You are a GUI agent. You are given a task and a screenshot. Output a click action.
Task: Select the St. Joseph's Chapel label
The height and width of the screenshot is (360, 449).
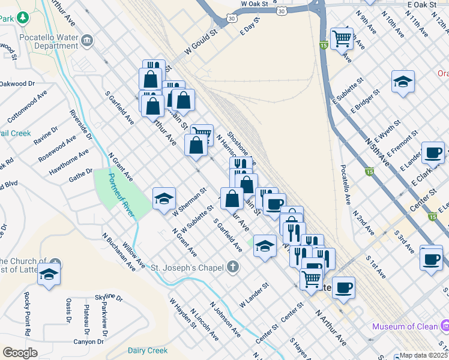tap(187, 267)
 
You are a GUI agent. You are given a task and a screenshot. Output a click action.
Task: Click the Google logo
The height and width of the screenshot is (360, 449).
tap(20, 353)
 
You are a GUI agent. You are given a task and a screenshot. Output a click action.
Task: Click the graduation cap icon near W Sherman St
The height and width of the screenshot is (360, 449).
tap(164, 200)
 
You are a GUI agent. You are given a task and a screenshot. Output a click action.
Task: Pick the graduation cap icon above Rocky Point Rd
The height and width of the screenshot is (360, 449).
tap(49, 274)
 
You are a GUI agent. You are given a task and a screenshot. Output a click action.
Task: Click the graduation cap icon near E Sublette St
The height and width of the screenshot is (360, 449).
tap(403, 82)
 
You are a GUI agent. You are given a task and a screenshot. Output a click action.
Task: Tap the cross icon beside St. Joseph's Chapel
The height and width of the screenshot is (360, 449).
tap(233, 267)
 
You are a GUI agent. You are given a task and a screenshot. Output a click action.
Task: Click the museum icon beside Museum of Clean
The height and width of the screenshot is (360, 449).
tap(445, 326)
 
